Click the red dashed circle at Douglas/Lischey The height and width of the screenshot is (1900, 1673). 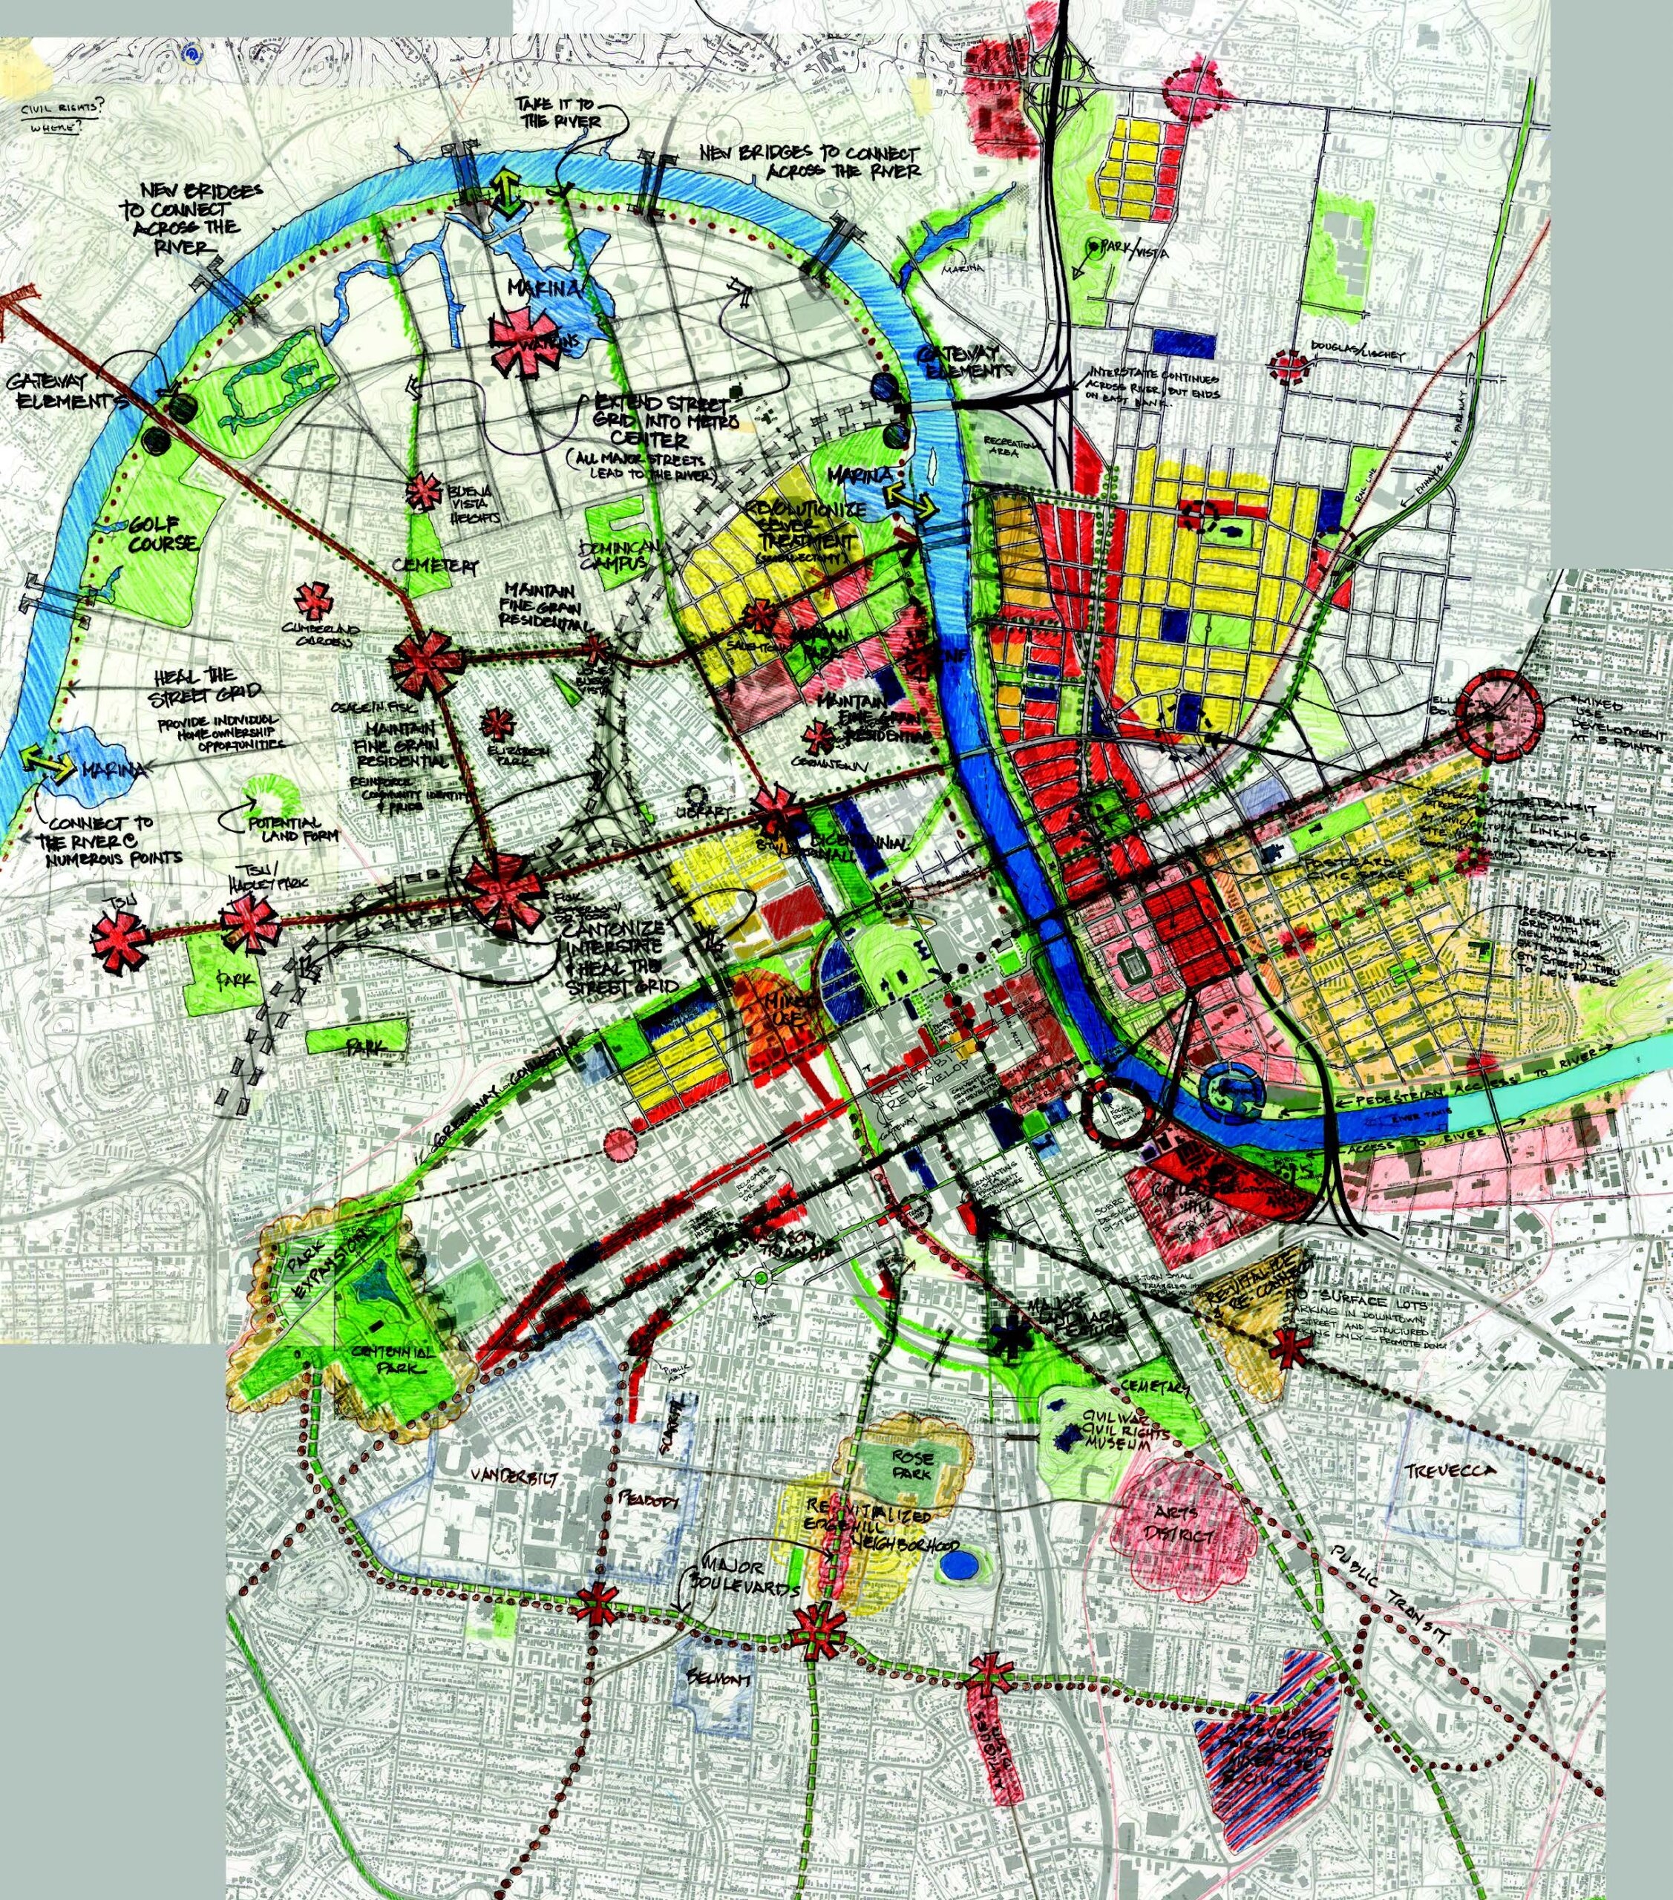click(x=1289, y=365)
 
